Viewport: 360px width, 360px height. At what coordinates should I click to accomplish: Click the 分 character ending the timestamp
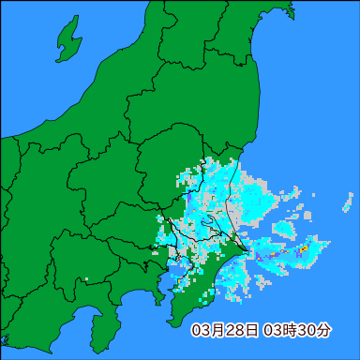pos(322,330)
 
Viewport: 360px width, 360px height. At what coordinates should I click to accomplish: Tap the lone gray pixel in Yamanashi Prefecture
pos(86,279)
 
